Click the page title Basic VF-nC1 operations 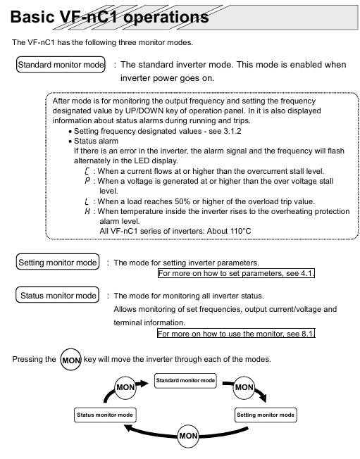pos(110,17)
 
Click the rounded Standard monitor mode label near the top pos(61,64)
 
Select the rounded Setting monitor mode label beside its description pos(58,262)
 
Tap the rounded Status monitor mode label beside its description pos(57,295)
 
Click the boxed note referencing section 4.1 pos(236,273)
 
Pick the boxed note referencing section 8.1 pos(236,334)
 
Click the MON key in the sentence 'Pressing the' pos(71,360)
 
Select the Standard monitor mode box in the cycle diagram pos(185,381)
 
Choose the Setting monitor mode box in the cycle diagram pos(266,415)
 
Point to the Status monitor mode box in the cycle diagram pos(105,415)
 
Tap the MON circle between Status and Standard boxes pos(125,388)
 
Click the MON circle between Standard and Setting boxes pos(244,388)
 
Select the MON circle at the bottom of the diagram pos(188,436)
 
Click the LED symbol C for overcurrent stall pos(87,171)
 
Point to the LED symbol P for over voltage pos(87,181)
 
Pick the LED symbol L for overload pos(87,201)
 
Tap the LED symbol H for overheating pos(87,211)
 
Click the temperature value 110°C pos(240,231)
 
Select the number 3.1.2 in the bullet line pos(232,131)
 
